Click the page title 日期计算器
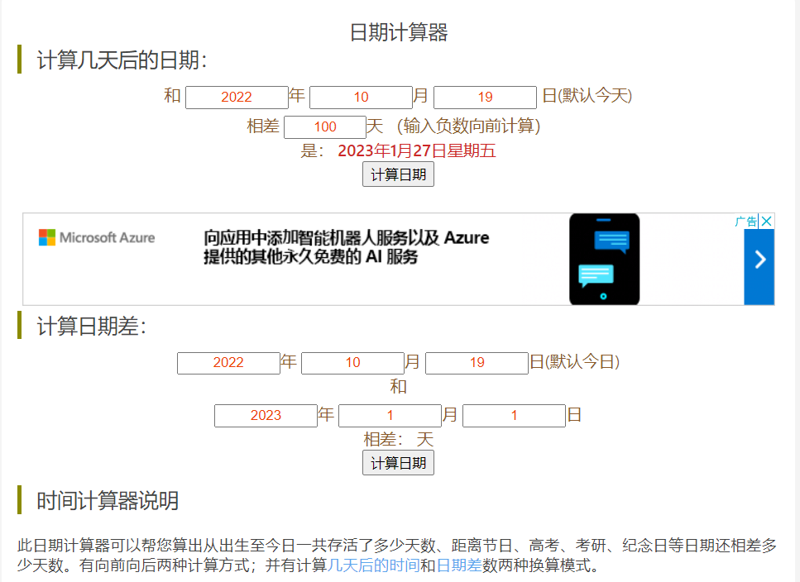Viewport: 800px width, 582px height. click(x=399, y=32)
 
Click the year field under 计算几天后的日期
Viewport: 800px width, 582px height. click(x=237, y=98)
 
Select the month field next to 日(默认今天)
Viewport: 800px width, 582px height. click(x=361, y=98)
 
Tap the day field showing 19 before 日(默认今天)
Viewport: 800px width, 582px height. click(x=485, y=98)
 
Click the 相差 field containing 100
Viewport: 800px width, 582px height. click(x=325, y=127)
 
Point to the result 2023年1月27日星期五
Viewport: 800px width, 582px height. click(x=417, y=150)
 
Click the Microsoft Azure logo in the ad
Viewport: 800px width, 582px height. click(x=97, y=238)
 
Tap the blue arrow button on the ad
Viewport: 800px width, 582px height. click(x=759, y=260)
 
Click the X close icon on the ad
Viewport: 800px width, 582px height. click(x=767, y=221)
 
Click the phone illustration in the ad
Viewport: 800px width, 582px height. click(x=604, y=259)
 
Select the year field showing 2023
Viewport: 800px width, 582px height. click(x=266, y=416)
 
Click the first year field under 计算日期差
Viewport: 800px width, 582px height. click(x=228, y=363)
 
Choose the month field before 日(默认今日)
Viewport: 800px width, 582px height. click(x=352, y=363)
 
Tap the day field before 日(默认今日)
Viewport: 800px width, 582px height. click(x=477, y=363)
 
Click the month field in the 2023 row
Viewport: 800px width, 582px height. click(x=390, y=416)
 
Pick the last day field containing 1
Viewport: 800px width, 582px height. click(x=514, y=416)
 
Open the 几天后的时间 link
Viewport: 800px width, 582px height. click(x=373, y=566)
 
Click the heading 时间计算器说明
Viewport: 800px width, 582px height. click(x=108, y=501)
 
